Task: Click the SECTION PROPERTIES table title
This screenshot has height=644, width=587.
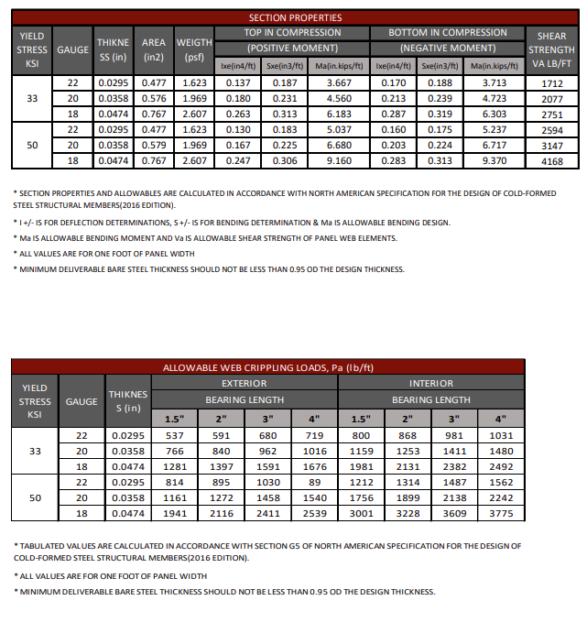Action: (x=295, y=17)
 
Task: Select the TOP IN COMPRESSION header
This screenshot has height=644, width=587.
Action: (x=292, y=32)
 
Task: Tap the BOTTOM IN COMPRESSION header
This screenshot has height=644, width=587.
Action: (x=448, y=32)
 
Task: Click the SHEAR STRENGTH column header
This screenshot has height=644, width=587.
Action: (x=551, y=49)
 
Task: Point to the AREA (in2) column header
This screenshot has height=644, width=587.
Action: (x=153, y=49)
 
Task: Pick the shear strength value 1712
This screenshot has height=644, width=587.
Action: (x=551, y=83)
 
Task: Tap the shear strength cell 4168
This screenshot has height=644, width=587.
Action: (x=551, y=161)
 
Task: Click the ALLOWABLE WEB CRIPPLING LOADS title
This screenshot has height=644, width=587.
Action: (x=267, y=367)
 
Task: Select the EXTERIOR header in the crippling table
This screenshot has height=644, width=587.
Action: (x=245, y=383)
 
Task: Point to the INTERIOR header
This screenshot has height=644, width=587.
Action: (x=431, y=383)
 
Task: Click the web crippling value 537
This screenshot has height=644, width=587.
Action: (x=175, y=435)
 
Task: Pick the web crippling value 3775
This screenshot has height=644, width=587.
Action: (x=501, y=513)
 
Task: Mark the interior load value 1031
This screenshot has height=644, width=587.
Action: (x=501, y=435)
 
